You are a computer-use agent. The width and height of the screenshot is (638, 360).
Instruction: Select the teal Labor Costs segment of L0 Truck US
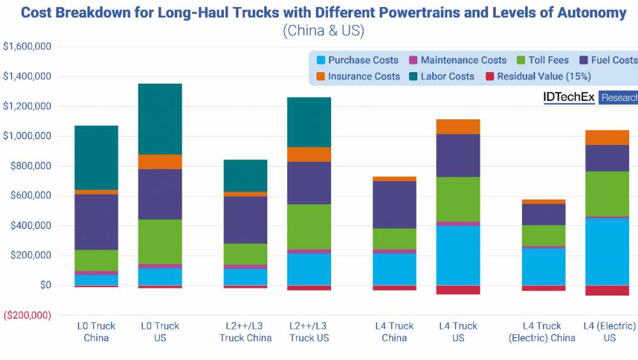pos(160,119)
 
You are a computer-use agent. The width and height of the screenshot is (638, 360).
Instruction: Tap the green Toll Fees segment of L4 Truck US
pos(458,199)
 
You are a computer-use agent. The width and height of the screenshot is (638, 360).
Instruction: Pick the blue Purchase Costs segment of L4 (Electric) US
pos(607,251)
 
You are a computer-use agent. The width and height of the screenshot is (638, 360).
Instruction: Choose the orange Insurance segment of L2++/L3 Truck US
pos(309,154)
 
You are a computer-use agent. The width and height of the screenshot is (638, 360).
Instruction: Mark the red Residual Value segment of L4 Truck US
pos(458,290)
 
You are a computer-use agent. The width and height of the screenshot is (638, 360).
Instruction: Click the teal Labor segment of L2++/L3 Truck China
pos(246,176)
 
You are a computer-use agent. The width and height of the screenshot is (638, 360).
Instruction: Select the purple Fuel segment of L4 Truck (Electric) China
pos(543,214)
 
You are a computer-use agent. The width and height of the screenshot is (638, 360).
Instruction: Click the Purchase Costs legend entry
pos(357,60)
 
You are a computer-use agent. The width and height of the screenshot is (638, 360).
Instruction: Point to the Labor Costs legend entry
pos(441,77)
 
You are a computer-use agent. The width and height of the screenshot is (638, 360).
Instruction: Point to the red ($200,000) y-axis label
pos(29,315)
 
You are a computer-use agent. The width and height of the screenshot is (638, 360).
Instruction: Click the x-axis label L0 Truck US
pos(160,331)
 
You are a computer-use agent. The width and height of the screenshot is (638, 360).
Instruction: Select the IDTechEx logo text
pos(568,98)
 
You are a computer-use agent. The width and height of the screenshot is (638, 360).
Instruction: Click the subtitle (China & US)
pos(323,31)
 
